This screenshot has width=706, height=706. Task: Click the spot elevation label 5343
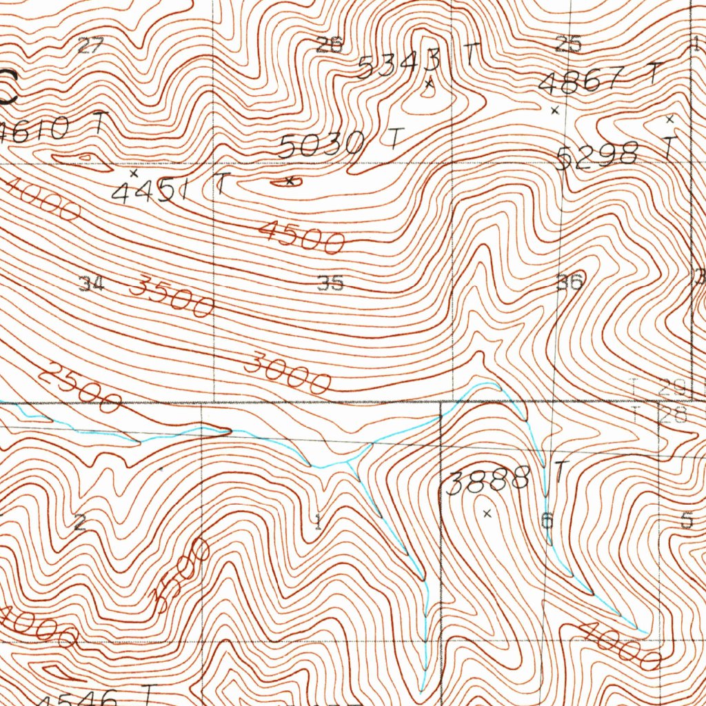pos(399,64)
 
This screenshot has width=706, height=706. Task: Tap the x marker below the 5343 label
pos(429,84)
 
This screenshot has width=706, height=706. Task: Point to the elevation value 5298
pos(596,156)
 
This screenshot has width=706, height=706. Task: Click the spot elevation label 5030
pos(322,145)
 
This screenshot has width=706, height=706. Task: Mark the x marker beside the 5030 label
pos(290,181)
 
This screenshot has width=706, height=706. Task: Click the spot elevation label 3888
pos(488,480)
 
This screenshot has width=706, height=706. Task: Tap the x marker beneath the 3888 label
pos(488,513)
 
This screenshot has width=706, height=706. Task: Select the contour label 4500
pos(301,236)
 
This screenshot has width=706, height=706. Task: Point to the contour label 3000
pos(290,372)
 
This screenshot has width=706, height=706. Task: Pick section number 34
pos(90,283)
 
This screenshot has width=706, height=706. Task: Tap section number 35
pos(330,283)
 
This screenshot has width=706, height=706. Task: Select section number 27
pos(90,46)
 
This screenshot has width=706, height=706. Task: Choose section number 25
pos(569,45)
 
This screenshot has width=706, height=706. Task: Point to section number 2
pos(80,523)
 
